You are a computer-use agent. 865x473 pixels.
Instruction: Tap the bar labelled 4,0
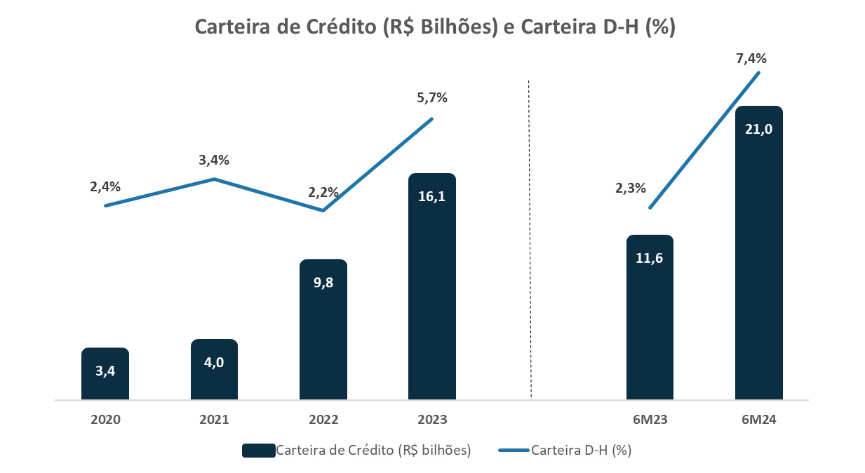214,370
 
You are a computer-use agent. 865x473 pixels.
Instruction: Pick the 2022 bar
323,329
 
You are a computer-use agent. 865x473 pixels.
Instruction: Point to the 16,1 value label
432,196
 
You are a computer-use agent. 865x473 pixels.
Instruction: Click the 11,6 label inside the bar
650,258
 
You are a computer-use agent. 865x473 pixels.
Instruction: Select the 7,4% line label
750,59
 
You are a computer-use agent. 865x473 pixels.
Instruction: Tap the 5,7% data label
432,98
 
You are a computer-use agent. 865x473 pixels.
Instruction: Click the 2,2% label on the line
323,192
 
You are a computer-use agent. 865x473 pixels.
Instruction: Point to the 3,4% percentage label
214,160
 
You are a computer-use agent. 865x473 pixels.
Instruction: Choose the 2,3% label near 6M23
630,188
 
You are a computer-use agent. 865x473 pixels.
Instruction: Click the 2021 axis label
214,420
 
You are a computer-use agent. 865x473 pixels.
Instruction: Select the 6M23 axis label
650,420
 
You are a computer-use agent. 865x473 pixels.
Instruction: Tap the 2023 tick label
432,420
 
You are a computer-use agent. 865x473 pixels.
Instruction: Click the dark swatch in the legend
257,451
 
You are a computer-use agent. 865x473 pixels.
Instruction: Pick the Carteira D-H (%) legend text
582,451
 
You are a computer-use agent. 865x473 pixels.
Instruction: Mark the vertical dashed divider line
530,238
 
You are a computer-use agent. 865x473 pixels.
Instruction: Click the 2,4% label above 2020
105,186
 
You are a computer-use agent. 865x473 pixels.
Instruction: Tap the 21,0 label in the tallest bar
758,129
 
